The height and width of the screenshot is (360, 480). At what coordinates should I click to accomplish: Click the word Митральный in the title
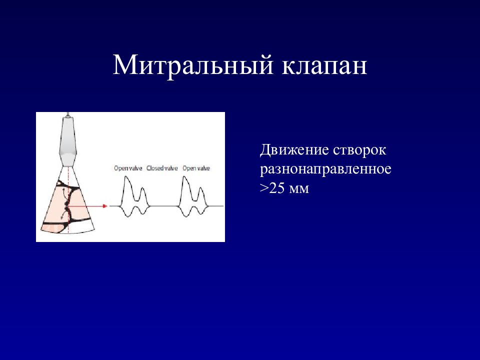pyautogui.click(x=193, y=65)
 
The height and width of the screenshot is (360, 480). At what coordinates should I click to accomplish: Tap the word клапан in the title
pyautogui.click(x=324, y=65)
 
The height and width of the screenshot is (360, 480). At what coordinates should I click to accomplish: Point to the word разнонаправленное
pyautogui.click(x=325, y=169)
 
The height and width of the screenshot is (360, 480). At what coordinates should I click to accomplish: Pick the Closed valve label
pyautogui.click(x=162, y=168)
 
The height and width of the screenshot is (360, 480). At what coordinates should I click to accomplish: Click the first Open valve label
pyautogui.click(x=128, y=168)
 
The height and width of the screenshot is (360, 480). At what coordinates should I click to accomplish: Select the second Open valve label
pyautogui.click(x=196, y=168)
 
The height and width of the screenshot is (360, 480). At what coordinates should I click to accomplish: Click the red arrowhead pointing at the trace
pyautogui.click(x=105, y=206)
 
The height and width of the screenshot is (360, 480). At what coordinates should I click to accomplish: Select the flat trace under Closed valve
pyautogui.click(x=164, y=206)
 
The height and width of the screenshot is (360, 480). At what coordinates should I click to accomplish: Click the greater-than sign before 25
pyautogui.click(x=264, y=188)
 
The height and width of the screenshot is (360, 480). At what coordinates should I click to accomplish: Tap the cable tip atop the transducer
pyautogui.click(x=67, y=114)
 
